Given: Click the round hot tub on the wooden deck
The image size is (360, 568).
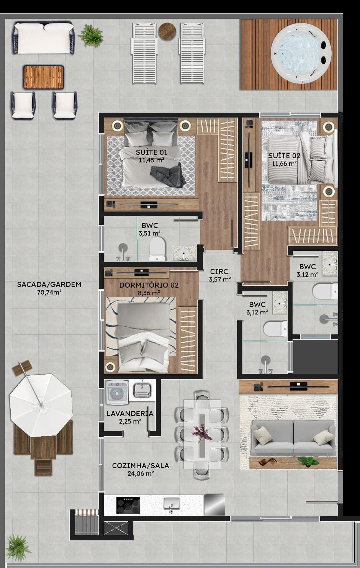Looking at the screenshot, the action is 301,53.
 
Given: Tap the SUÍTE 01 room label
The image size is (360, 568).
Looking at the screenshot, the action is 151,152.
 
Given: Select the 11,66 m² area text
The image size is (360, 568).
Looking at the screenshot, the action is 285,164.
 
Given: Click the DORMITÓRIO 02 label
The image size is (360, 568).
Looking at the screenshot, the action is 149,285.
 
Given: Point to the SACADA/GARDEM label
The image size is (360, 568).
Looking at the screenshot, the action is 49,284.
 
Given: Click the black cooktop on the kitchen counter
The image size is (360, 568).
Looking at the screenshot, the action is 128,505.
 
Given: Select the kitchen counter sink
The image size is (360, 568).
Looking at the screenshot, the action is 172,504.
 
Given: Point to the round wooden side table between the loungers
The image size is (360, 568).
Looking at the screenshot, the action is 167,31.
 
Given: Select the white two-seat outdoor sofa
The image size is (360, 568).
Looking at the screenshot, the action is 43,38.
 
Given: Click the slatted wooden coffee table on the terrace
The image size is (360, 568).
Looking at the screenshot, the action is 43,77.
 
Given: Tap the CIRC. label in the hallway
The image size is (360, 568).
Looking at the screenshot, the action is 220,272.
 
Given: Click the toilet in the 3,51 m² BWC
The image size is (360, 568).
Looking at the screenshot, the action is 157,249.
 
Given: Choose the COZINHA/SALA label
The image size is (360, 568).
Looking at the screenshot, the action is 141,466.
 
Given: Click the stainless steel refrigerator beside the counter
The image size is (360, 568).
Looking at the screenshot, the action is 214,505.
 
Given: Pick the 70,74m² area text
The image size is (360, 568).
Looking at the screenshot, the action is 49,292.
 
